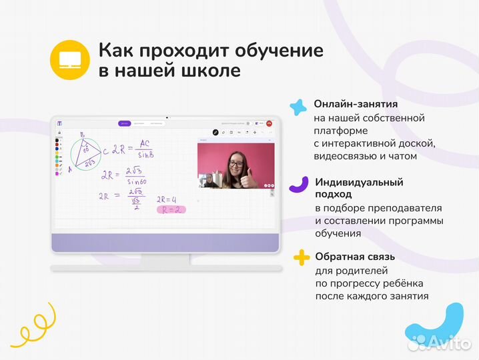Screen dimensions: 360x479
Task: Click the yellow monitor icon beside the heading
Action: tap(69, 60)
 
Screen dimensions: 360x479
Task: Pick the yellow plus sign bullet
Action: tap(302, 257)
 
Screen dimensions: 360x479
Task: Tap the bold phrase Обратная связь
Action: tap(355, 257)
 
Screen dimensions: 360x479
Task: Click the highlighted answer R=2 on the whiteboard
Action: tap(170, 209)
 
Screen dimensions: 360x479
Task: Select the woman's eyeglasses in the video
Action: tap(235, 161)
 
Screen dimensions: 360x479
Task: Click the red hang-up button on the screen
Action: tap(270, 123)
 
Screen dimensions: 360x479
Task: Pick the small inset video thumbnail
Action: tap(208, 180)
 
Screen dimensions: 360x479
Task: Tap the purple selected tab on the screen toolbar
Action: tap(124, 123)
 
